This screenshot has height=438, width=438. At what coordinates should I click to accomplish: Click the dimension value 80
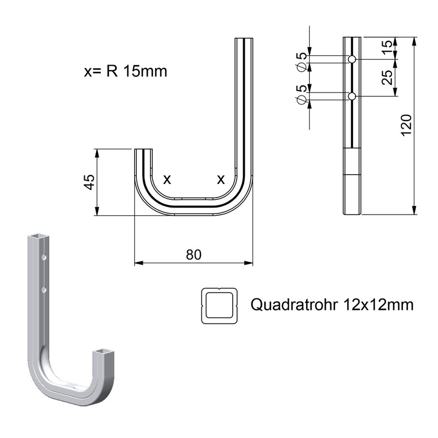click(194, 255)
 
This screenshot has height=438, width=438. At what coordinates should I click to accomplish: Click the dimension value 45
click(89, 181)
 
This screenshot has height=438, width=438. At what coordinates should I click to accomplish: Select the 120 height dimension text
click(406, 126)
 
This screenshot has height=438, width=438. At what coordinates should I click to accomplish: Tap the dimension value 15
click(387, 48)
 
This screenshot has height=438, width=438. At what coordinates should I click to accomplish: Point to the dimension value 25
click(387, 78)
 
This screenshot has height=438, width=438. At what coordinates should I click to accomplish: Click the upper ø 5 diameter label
click(301, 61)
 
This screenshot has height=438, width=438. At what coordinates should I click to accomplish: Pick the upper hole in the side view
click(352, 59)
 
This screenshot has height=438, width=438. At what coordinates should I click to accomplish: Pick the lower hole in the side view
click(352, 96)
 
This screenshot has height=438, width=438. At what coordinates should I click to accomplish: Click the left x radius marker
click(168, 179)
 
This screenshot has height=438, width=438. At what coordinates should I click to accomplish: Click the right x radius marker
click(221, 179)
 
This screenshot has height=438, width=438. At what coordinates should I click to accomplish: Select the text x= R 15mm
click(125, 72)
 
